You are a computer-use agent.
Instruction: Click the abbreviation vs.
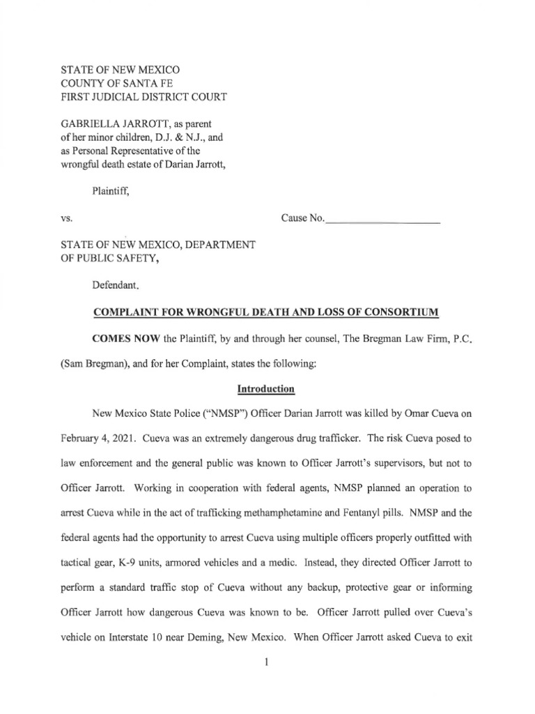(x=67, y=218)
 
